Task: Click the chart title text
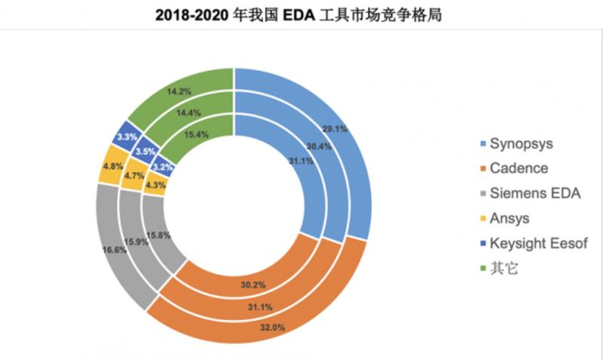pos(301,15)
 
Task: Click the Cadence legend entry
pos(519,168)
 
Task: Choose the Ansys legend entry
pos(510,218)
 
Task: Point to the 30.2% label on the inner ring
pos(248,285)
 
